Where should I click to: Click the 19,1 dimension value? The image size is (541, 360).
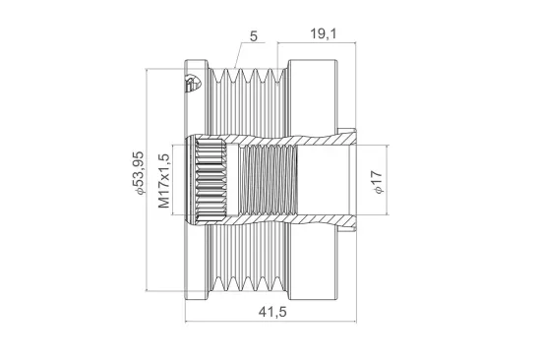point(323,33)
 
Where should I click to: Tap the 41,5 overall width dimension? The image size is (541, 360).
point(272,312)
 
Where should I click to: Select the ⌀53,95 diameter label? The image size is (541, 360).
point(139,173)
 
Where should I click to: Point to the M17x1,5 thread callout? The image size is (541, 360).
point(164,181)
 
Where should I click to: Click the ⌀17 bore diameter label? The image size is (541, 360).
point(378,182)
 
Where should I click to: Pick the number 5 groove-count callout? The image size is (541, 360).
point(254,35)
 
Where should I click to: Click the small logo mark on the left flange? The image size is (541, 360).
point(192,84)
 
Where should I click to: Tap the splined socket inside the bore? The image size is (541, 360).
point(211,179)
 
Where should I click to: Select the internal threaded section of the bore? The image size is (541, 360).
point(269,179)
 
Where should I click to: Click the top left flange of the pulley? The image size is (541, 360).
point(196,64)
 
